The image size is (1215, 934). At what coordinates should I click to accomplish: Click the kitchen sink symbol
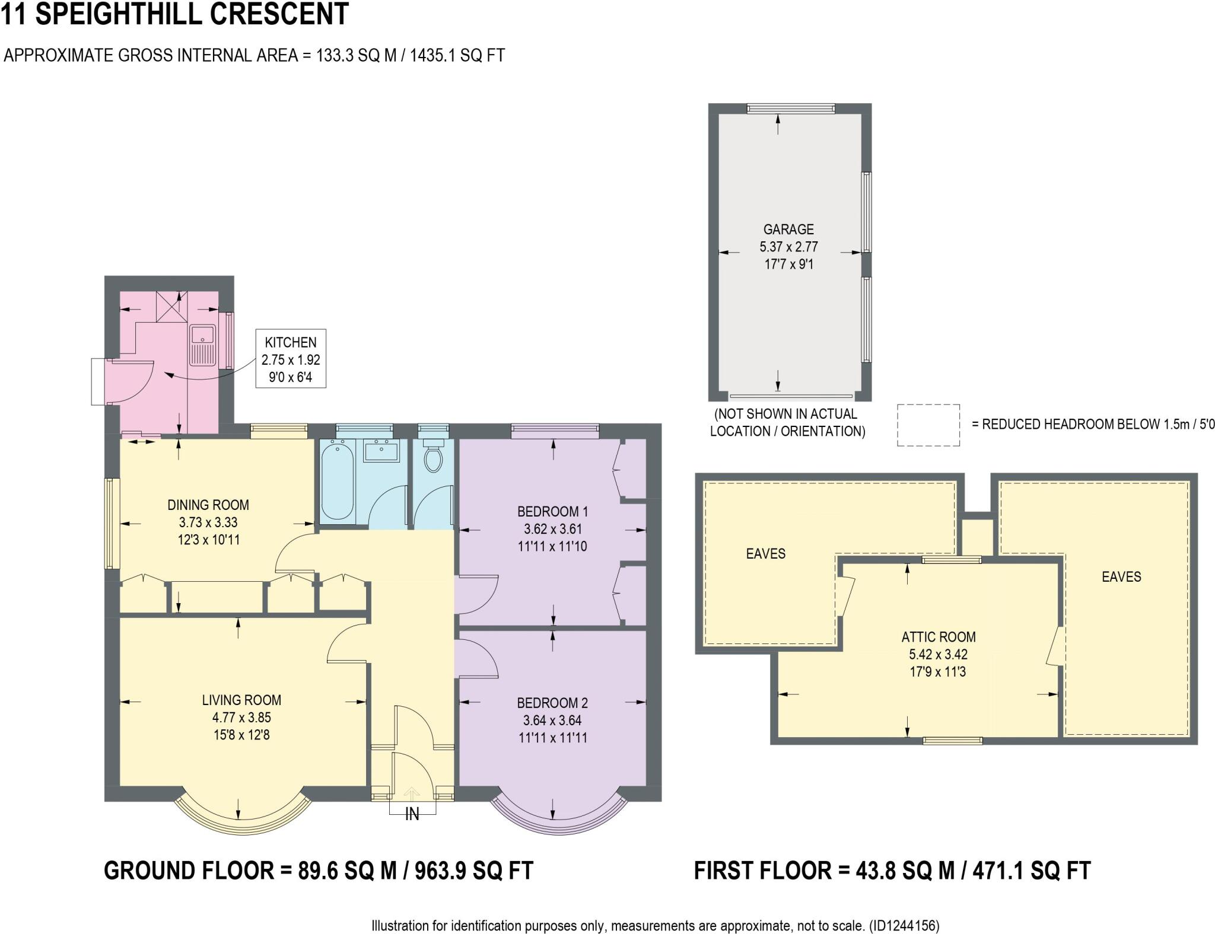coord(202,345)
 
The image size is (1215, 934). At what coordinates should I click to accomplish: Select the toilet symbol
coord(434,457)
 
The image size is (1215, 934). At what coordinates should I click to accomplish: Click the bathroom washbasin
coord(381,452)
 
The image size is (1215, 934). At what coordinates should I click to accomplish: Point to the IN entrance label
coord(412,815)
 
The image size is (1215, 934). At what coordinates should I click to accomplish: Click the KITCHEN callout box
coord(291,359)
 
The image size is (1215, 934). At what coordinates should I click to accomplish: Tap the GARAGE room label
coord(788,229)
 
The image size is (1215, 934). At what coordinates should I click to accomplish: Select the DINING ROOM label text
coord(208,505)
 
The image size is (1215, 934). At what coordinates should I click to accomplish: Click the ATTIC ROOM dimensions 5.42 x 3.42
coord(938,654)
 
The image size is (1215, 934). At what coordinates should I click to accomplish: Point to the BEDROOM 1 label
coord(552,511)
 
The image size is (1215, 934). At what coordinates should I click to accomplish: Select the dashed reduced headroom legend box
coord(928,425)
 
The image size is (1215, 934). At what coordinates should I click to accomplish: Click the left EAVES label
coord(765,553)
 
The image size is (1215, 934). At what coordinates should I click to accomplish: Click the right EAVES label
coord(1121,576)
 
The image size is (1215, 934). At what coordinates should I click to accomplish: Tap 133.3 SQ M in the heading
coord(356,55)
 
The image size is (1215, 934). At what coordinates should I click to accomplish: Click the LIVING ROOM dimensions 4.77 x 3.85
coord(241,717)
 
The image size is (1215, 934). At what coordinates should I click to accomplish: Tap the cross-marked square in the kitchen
coord(171,306)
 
